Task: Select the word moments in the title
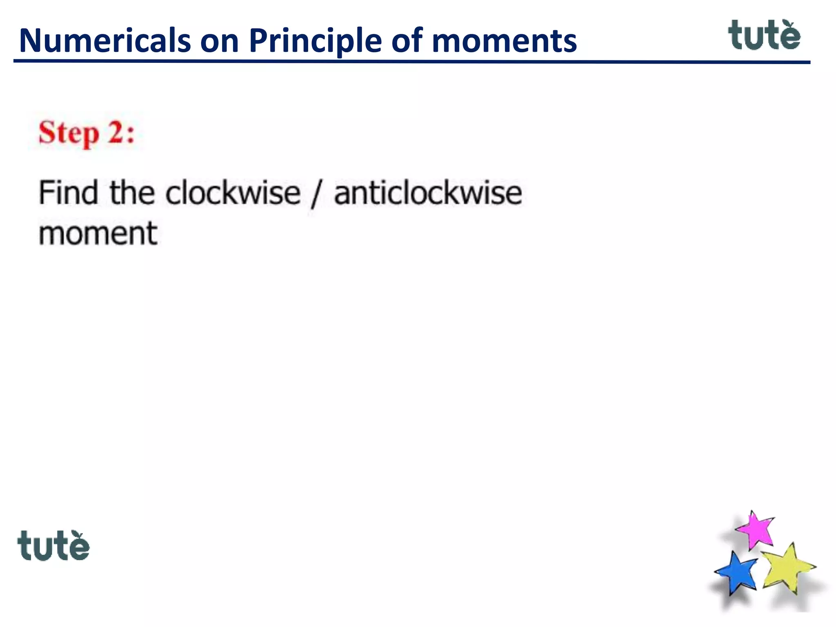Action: coord(504,42)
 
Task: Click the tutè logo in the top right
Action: coord(764,36)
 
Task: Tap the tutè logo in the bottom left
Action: coord(53,546)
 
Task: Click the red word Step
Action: coord(69,133)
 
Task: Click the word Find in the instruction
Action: coord(68,193)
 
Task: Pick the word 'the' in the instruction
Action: coord(132,193)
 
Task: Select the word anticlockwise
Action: coord(428,193)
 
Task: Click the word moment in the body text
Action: coord(98,233)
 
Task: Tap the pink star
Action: coord(756,529)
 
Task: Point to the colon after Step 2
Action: coord(130,134)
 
